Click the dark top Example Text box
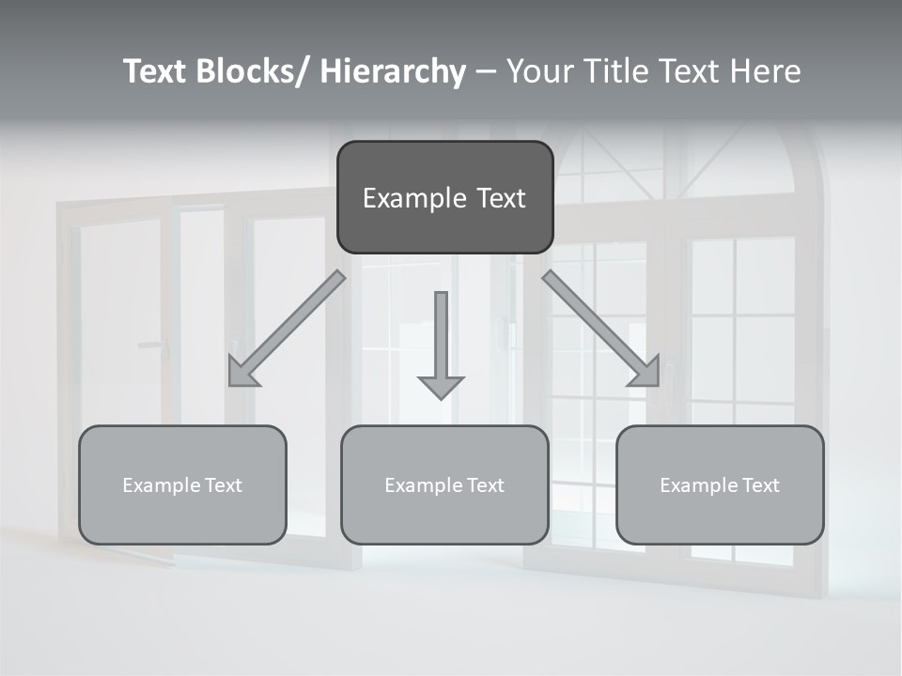(444, 197)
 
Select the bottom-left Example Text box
(182, 484)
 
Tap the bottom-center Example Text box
(444, 484)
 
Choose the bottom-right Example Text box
(720, 484)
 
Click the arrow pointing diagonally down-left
(287, 329)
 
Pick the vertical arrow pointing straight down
(441, 343)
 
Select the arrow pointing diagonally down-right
(601, 329)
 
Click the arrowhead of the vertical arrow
(441, 386)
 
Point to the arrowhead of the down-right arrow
(645, 372)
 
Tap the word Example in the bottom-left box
(162, 484)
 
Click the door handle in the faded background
(154, 346)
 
